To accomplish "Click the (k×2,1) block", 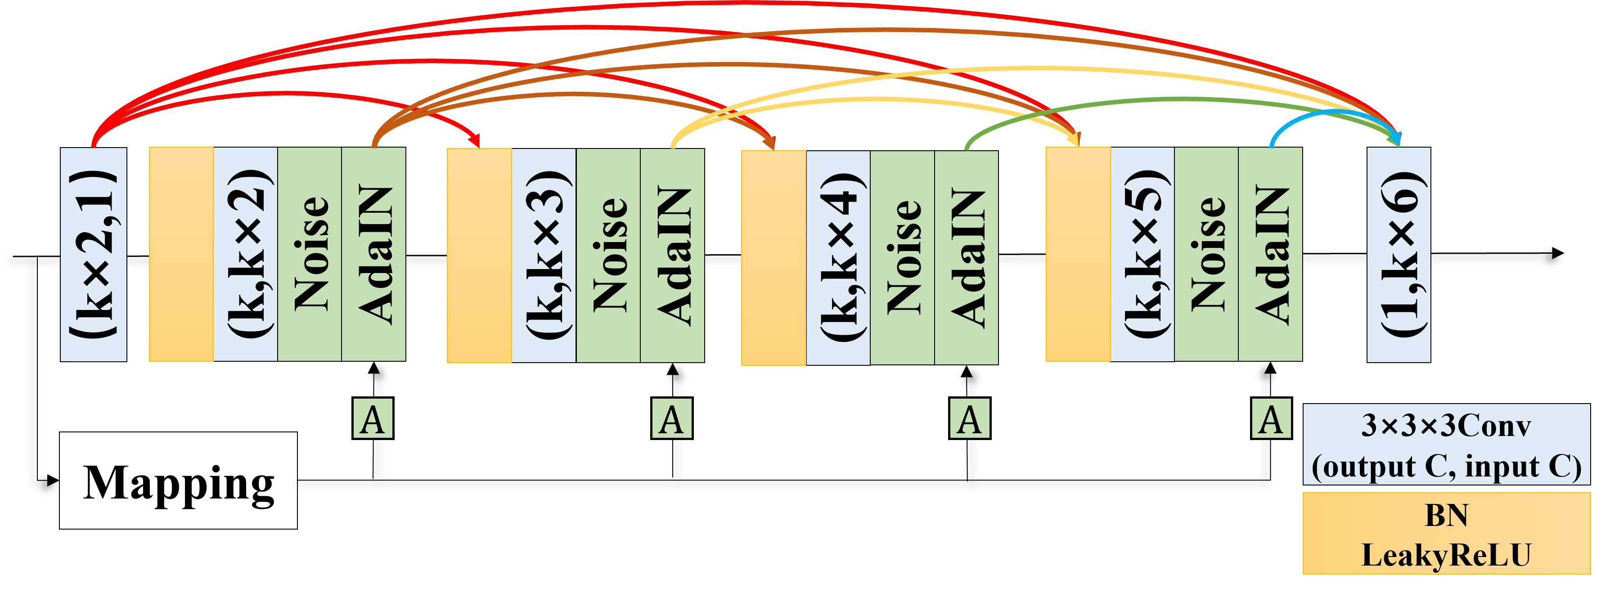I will [x=93, y=254].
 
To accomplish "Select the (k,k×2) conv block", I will [x=246, y=254].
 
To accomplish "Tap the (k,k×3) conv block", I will [x=544, y=255].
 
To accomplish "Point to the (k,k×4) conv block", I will [x=838, y=257].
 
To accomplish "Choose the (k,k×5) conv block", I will [x=1142, y=254].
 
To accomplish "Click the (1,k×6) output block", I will [x=1399, y=254].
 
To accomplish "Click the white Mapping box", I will [x=178, y=481].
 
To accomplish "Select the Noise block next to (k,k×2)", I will [x=310, y=254].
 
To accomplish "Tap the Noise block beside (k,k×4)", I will [x=903, y=257].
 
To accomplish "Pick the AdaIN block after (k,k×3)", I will [x=672, y=255].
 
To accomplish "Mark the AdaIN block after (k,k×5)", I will [x=1270, y=254].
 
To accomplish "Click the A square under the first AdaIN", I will [x=373, y=418].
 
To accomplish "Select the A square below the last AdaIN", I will [x=1271, y=418].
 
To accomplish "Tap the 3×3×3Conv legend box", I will [x=1446, y=445].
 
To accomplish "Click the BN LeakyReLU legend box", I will [x=1446, y=533].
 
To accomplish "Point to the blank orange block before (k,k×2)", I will [x=181, y=254].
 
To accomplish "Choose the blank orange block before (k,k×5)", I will [x=1078, y=254].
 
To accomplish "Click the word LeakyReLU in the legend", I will [x=1446, y=555].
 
